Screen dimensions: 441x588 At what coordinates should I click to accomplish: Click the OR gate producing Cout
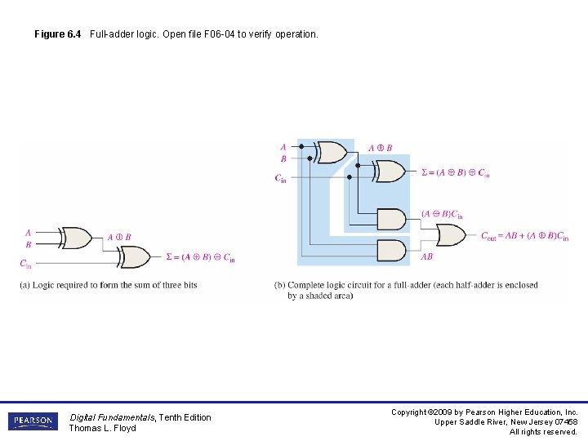[452, 235]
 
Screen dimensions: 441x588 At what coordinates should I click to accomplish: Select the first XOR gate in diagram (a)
[78, 238]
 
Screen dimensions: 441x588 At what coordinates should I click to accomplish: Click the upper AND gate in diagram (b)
[392, 220]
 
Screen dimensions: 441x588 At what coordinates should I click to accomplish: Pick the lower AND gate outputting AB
[392, 250]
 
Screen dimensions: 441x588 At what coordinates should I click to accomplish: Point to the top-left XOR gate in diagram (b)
[330, 152]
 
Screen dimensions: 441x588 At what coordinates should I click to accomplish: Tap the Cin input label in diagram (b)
[280, 178]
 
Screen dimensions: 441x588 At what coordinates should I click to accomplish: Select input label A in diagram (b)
[283, 147]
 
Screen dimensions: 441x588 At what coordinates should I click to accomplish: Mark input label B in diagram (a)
[29, 244]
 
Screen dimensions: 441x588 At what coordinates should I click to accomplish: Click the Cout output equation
[524, 237]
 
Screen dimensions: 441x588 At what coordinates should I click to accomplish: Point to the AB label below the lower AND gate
[426, 256]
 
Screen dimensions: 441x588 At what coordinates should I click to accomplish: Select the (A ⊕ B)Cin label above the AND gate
[442, 214]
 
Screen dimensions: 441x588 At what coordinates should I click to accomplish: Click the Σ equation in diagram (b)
[455, 173]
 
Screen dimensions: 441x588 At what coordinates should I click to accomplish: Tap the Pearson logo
[33, 421]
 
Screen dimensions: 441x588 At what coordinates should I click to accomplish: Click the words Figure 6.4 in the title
[57, 34]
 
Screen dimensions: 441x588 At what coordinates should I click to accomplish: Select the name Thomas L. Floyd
[102, 428]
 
